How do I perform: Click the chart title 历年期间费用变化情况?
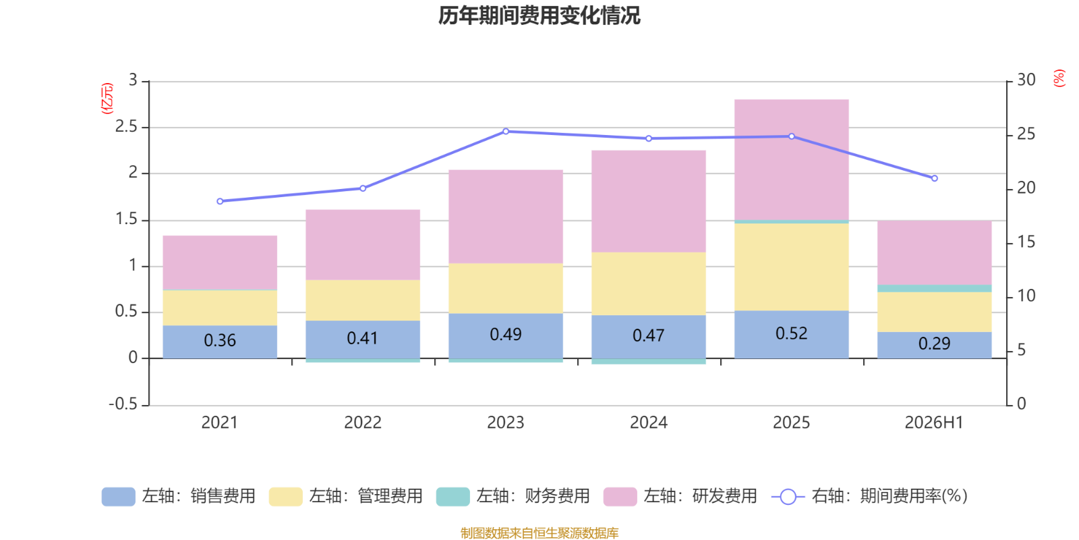(x=539, y=16)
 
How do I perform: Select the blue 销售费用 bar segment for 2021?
(x=220, y=342)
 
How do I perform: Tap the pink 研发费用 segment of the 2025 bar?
(x=791, y=159)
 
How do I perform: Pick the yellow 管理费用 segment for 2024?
(x=648, y=283)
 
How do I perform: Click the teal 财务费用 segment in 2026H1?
(x=934, y=288)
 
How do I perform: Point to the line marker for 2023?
(x=505, y=131)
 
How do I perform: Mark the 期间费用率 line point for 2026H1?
(x=934, y=178)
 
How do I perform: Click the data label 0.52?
(x=791, y=333)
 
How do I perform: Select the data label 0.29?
(x=934, y=344)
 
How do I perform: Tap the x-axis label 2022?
(x=363, y=423)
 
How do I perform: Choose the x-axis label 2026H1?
(x=934, y=423)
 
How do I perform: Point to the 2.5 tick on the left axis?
(x=126, y=126)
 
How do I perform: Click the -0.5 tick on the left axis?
(x=123, y=404)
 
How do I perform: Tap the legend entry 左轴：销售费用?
(x=179, y=496)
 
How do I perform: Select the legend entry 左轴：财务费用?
(x=513, y=496)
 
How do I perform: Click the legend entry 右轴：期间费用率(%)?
(x=869, y=496)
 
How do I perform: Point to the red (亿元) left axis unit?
(x=107, y=99)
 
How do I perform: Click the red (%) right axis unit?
(x=1059, y=78)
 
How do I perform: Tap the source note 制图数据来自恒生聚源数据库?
(x=539, y=533)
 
